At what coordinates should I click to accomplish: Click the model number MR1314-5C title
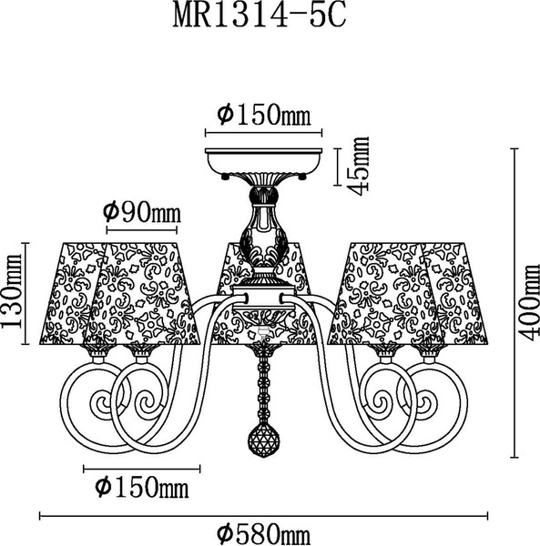pyautogui.click(x=260, y=16)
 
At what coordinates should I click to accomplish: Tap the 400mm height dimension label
pyautogui.click(x=528, y=303)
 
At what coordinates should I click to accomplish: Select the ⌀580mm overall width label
pyautogui.click(x=264, y=533)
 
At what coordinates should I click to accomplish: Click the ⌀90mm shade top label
pyautogui.click(x=142, y=212)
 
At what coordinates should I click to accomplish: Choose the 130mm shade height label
pyautogui.click(x=12, y=291)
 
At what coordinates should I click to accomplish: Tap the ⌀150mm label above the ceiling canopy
pyautogui.click(x=264, y=115)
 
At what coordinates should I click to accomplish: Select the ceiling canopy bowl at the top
pyautogui.click(x=263, y=162)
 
